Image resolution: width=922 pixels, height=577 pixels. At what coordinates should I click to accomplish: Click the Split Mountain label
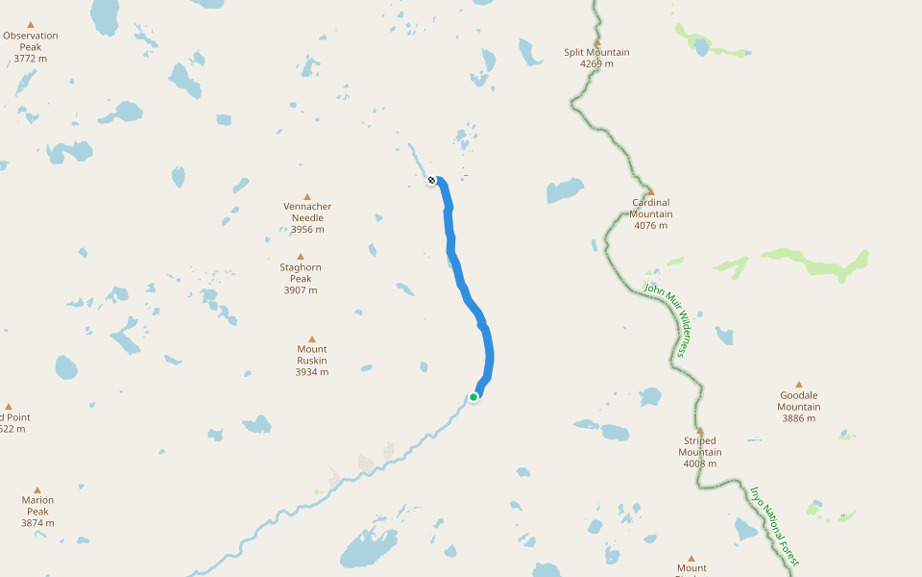[596, 52]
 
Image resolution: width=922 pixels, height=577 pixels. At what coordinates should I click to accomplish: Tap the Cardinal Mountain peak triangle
[650, 191]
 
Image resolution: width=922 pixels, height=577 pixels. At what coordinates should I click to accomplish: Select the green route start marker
[473, 396]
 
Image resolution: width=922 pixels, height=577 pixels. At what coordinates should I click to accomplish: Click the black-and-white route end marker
[432, 180]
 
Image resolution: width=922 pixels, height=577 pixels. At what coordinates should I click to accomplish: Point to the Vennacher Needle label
[307, 212]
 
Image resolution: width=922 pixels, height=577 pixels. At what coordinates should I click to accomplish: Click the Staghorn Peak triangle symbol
[301, 256]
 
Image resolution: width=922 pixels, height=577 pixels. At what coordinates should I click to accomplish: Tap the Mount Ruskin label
[312, 355]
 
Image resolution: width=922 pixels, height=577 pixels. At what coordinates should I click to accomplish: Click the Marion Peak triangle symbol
[37, 489]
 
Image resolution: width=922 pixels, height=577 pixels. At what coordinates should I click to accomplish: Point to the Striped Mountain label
[700, 446]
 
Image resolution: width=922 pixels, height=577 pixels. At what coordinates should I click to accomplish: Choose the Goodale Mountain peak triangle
[798, 384]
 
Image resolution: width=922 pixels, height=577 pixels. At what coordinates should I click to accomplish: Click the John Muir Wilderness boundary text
[667, 320]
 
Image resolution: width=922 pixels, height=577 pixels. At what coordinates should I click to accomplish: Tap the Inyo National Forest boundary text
[774, 525]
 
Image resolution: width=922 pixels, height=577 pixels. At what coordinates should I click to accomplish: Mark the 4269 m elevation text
[596, 64]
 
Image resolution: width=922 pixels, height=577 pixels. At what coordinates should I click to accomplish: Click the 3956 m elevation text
[307, 230]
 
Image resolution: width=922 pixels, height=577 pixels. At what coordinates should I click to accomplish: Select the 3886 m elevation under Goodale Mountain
[799, 418]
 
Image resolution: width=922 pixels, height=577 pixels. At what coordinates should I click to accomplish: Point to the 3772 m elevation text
[31, 59]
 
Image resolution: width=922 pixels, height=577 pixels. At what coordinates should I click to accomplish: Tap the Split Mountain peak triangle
[596, 41]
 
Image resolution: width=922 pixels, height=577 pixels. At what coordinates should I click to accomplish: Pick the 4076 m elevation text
[651, 226]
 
